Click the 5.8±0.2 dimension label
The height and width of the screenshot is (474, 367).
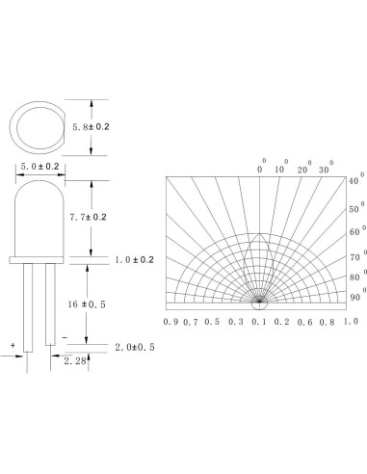coord(117,125)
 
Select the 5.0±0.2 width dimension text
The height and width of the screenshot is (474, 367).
coord(39,167)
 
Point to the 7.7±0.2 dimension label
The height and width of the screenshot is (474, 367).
coord(115,218)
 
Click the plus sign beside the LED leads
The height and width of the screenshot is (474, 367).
coord(13,343)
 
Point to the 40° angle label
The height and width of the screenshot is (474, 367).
coord(353,181)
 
